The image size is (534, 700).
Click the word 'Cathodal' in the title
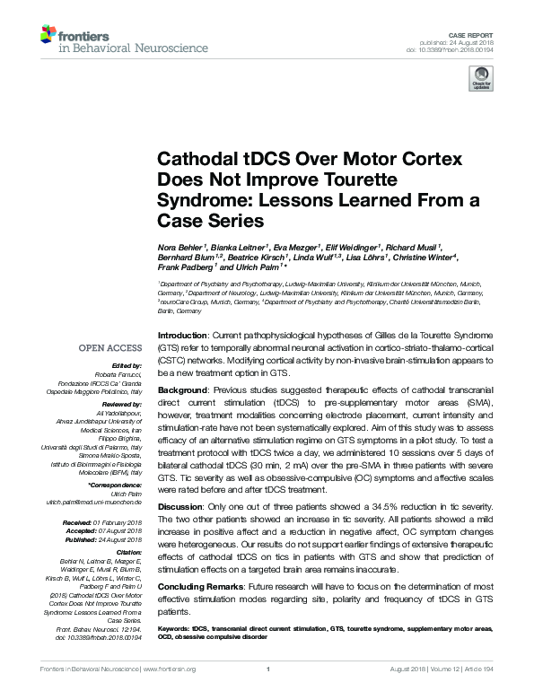click(196, 160)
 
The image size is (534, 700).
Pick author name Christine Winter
click(425, 257)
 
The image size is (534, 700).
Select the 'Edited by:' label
click(126, 367)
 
